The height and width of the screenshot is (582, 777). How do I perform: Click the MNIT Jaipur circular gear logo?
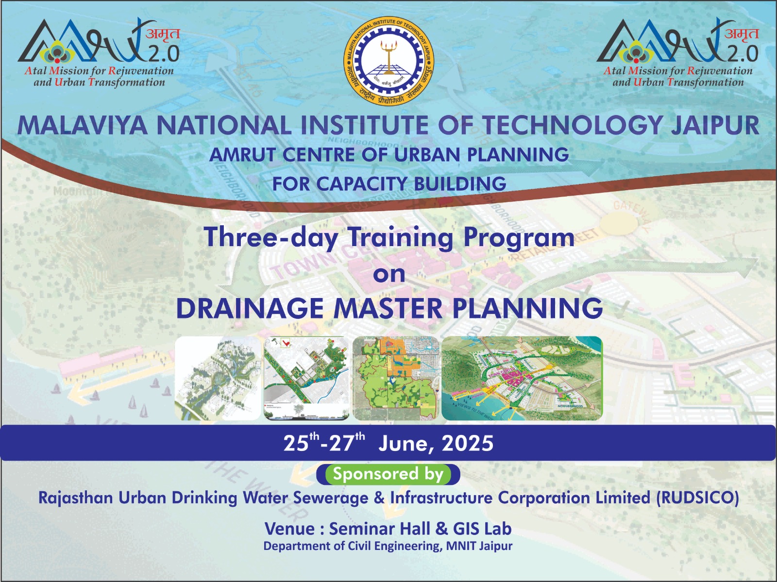(388, 61)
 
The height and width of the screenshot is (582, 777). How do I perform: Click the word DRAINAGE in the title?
(249, 308)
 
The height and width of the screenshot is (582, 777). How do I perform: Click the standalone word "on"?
(389, 274)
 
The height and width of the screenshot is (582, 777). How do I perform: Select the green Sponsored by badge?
(388, 474)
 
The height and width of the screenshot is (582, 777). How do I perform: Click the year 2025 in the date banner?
(468, 444)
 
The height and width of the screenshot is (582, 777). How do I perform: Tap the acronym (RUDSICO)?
(697, 498)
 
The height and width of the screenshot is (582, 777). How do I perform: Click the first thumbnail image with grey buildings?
(218, 378)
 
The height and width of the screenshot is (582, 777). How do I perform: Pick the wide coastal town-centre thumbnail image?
(522, 378)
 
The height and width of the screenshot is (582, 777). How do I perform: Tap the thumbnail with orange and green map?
(395, 378)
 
